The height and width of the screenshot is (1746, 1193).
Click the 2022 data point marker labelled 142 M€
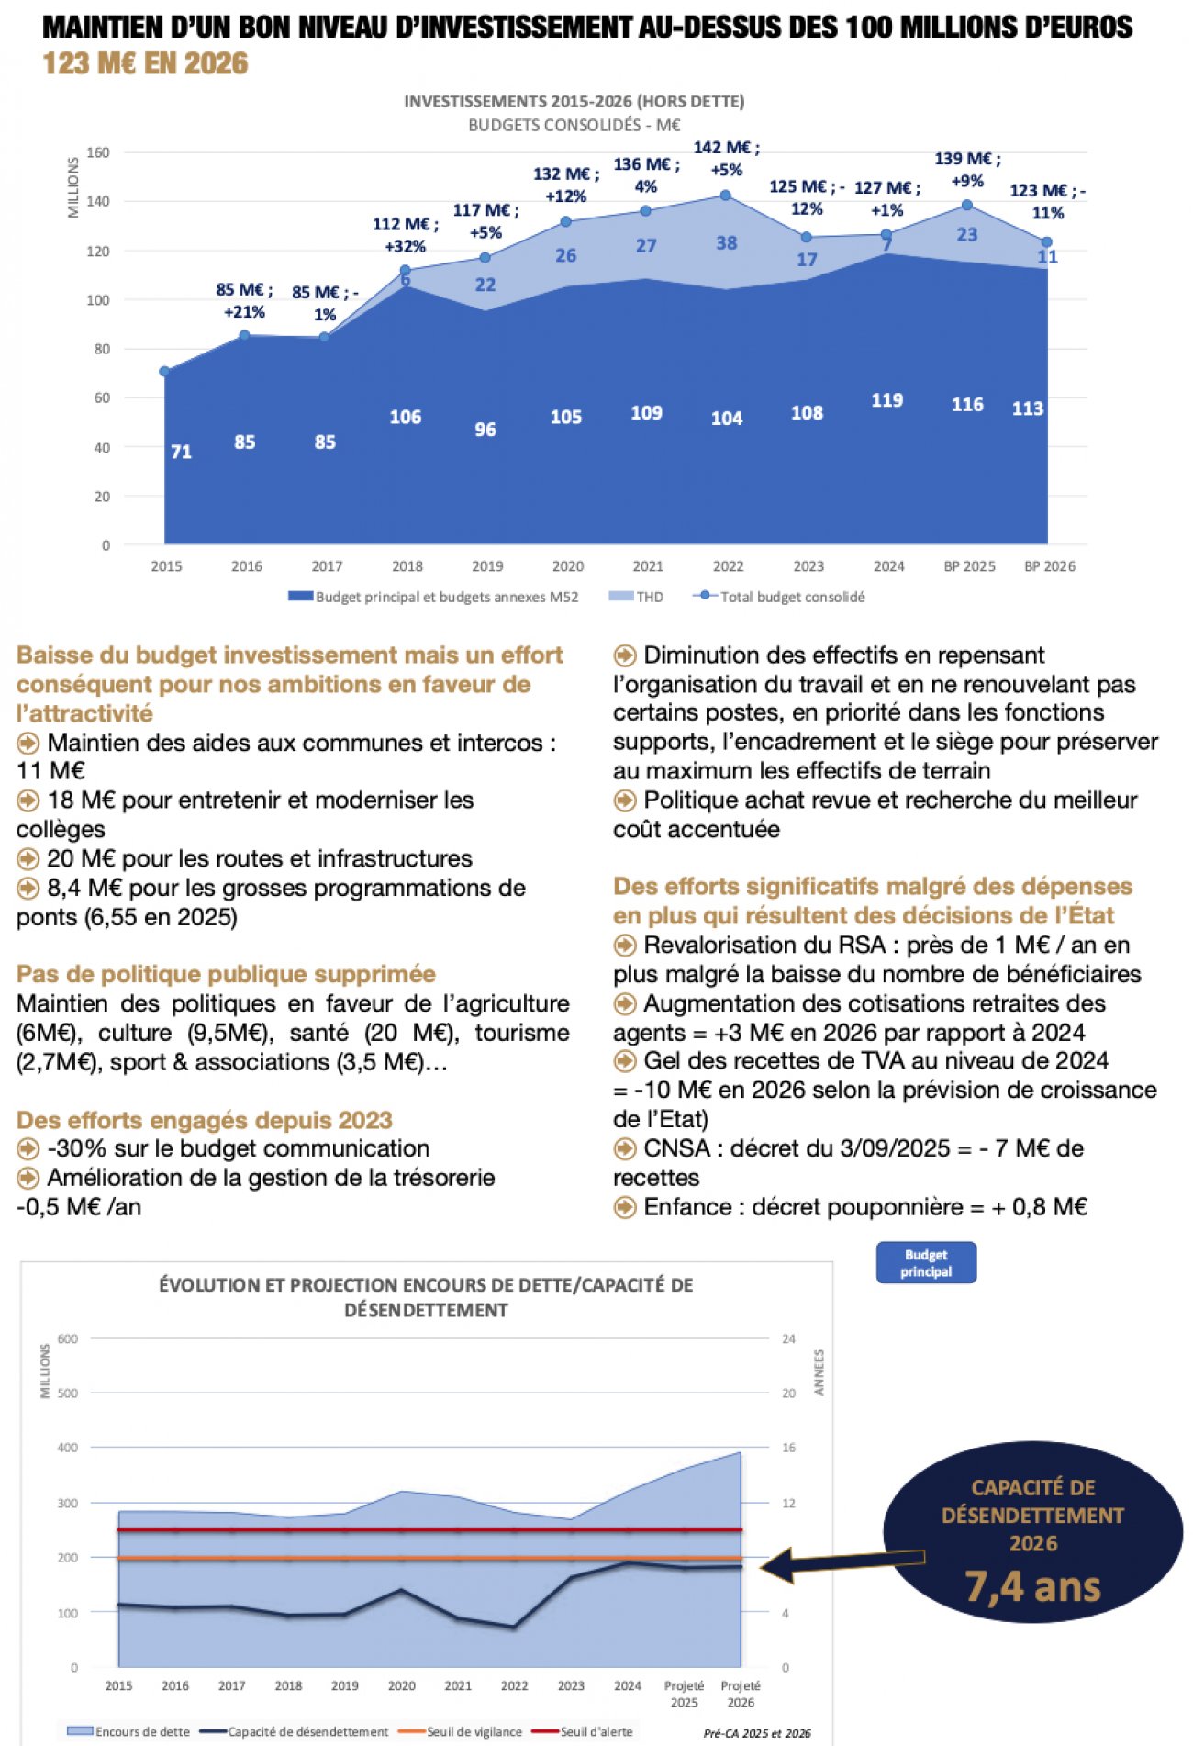click(x=725, y=196)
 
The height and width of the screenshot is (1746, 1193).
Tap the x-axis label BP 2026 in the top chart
click(x=1049, y=566)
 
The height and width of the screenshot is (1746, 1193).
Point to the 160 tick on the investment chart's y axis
click(x=98, y=152)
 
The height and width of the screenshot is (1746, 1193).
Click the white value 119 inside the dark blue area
click(x=886, y=400)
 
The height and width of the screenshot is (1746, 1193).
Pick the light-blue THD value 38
click(x=726, y=243)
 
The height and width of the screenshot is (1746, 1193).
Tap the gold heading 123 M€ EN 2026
click(x=145, y=63)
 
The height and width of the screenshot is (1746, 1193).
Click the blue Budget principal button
click(x=925, y=1263)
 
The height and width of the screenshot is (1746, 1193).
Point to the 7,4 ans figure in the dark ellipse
click(x=1032, y=1587)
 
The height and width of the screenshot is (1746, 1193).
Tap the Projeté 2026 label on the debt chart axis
click(x=740, y=1694)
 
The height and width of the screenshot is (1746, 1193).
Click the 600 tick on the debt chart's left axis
click(x=68, y=1338)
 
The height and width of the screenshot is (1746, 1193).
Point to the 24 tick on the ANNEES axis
click(x=788, y=1338)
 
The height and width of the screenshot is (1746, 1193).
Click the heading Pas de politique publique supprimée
click(x=226, y=974)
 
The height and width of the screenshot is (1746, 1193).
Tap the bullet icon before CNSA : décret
click(x=625, y=1148)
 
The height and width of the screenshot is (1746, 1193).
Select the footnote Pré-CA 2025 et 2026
click(x=757, y=1733)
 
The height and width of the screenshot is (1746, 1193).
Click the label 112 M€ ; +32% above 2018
click(x=405, y=235)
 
